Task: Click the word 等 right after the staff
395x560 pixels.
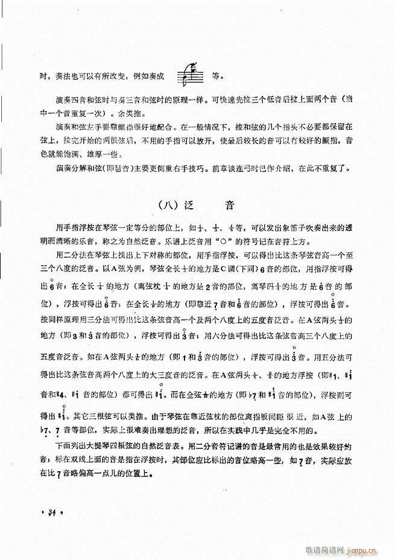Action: pyautogui.click(x=216, y=77)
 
